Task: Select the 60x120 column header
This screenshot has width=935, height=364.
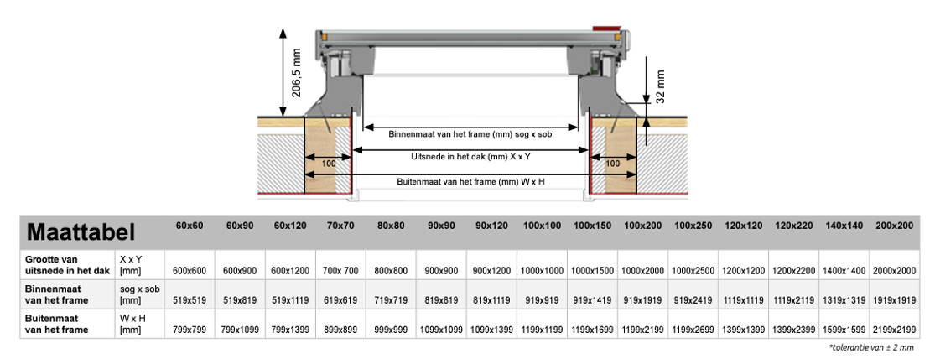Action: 290,226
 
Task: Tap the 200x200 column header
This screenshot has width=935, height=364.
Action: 894,226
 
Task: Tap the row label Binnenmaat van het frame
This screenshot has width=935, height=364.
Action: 57,294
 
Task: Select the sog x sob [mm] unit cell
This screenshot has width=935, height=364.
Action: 139,294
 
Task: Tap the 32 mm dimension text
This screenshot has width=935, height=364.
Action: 660,86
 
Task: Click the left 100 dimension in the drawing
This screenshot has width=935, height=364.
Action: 328,163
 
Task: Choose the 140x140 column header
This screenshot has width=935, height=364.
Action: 844,226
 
